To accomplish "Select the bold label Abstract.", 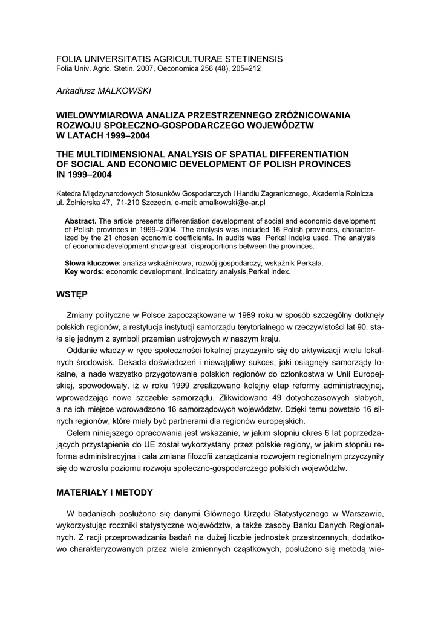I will click(80, 221).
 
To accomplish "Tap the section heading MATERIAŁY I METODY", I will click(104, 493).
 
